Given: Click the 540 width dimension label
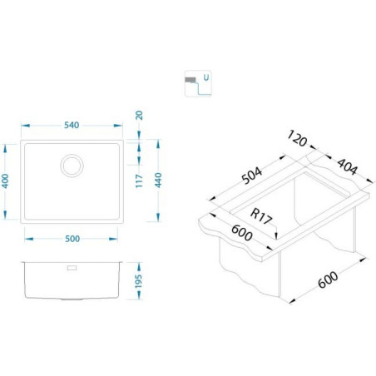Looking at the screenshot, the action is point(72,125).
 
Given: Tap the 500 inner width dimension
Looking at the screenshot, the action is point(72,239).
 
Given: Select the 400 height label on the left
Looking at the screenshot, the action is point(5,181).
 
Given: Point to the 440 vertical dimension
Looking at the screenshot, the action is point(158,180).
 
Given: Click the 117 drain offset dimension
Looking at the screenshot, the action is point(139,181).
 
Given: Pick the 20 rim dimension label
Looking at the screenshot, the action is point(140,115).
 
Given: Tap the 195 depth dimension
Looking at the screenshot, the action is point(139,281).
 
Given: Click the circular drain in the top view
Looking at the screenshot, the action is point(72,166).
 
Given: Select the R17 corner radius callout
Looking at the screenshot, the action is point(261,216).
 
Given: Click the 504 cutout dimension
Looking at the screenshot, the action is point(252,176).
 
